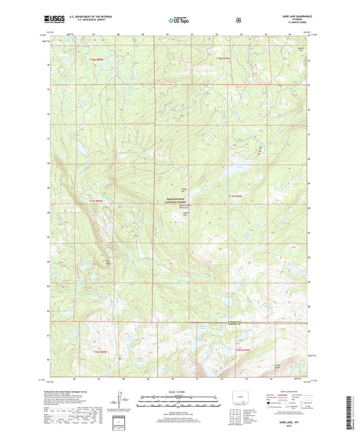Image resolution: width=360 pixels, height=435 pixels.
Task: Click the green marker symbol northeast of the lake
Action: click(261, 147)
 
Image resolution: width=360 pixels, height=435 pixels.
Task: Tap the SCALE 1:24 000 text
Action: click(179, 390)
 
